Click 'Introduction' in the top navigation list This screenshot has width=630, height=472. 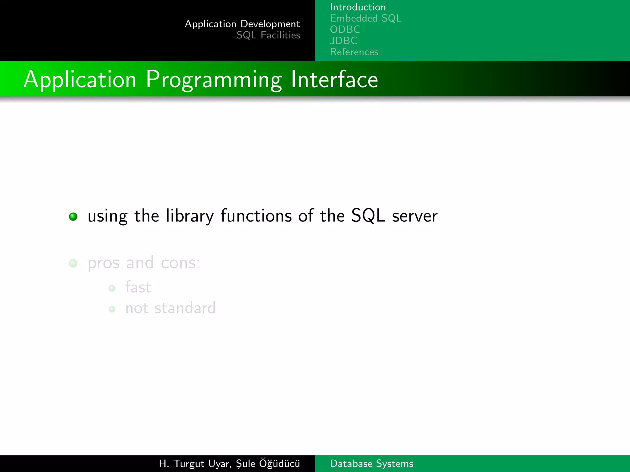357,7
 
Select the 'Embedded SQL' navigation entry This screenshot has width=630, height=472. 365,18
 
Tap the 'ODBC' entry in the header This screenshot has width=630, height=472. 345,29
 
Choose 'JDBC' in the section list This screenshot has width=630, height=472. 343,41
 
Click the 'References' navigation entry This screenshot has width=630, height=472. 354,52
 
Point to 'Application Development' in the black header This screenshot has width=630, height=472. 242,24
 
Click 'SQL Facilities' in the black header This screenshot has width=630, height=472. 268,35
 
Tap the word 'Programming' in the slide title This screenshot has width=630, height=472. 213,80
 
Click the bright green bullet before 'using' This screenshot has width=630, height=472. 73,217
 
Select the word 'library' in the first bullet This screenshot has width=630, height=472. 189,216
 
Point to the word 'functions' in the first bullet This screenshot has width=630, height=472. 256,216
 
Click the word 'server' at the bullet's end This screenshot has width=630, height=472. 414,216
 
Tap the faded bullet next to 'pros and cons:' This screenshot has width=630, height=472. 73,263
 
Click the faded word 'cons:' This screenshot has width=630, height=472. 180,263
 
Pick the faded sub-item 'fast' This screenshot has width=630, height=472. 138,287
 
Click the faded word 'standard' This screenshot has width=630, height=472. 185,308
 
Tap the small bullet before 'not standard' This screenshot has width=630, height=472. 112,309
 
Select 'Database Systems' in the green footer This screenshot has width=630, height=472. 371,463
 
